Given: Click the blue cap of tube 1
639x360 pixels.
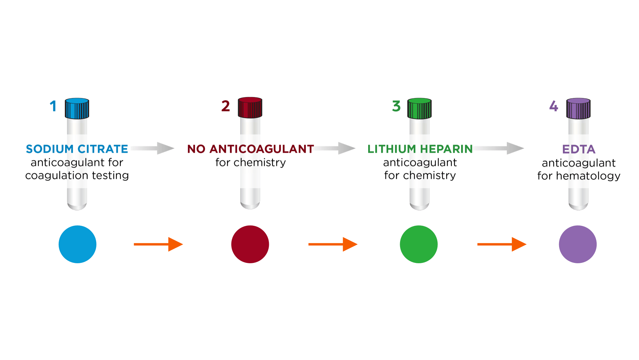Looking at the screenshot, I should (x=77, y=108).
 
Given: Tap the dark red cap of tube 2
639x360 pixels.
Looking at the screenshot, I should (x=250, y=107).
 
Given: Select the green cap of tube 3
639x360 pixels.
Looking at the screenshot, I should (x=419, y=108).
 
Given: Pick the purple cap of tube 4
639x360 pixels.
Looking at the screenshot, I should (x=578, y=108).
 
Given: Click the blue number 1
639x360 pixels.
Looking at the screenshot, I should (x=53, y=106).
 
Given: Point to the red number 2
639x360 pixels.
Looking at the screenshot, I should (x=226, y=106).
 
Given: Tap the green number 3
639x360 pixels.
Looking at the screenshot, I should (x=396, y=106).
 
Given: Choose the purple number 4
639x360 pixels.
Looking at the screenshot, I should (x=554, y=106).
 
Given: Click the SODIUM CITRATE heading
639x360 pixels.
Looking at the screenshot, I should (x=77, y=149).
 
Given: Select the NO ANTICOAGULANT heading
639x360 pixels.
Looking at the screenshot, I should (x=251, y=149).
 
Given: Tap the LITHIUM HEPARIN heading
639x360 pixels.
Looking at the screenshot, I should (x=420, y=149).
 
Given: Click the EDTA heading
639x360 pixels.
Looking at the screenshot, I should (x=579, y=149).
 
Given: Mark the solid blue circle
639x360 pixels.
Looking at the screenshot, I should (x=77, y=244).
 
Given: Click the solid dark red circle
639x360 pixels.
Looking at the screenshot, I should (x=250, y=244).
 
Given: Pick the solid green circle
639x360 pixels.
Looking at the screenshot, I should (x=419, y=244).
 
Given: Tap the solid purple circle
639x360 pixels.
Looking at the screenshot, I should (x=578, y=244).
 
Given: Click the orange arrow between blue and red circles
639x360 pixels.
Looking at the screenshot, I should (x=158, y=244).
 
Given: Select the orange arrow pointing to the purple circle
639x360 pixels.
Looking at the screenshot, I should (x=502, y=244).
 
